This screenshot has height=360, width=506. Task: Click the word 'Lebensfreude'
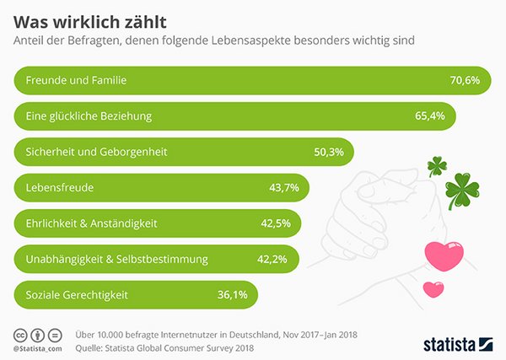tap(55, 187)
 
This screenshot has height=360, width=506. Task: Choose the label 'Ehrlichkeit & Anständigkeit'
tap(92, 223)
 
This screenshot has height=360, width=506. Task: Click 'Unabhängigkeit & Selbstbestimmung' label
tap(111, 259)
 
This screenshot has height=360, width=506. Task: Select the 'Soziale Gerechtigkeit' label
tap(74, 294)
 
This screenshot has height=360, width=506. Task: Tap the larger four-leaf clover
tap(462, 189)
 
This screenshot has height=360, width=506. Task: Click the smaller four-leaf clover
tap(436, 165)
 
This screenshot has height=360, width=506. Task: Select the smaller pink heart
tap(433, 288)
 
